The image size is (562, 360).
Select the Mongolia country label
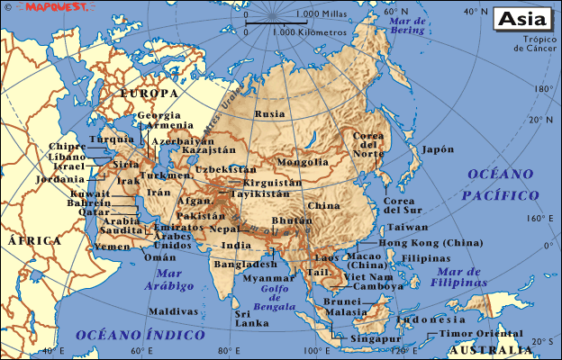tap(303, 162)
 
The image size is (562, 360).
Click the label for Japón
tap(438, 149)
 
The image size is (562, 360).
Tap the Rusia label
tap(269, 114)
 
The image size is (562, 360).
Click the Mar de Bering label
tap(407, 25)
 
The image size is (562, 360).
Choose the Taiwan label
tap(408, 228)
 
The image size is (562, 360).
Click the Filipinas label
tap(425, 258)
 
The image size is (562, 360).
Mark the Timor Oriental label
tap(481, 334)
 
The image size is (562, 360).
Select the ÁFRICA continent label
tap(34, 241)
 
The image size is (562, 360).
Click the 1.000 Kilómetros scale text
tap(309, 32)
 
